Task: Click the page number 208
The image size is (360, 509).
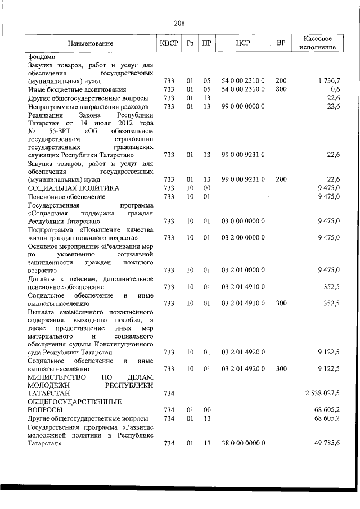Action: pyautogui.click(x=179, y=23)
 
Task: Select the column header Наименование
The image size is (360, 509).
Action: pyautogui.click(x=90, y=43)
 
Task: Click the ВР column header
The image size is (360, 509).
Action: pyautogui.click(x=281, y=43)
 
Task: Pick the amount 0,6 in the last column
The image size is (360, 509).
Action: pyautogui.click(x=335, y=89)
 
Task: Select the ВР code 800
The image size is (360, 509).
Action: pyautogui.click(x=281, y=89)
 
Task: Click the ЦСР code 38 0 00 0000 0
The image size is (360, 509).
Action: pyautogui.click(x=243, y=443)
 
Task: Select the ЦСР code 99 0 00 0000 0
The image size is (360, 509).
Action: pyautogui.click(x=243, y=106)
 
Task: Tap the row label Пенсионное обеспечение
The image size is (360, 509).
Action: pyautogui.click(x=66, y=196)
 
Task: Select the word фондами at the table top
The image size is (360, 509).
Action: pyautogui.click(x=42, y=57)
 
